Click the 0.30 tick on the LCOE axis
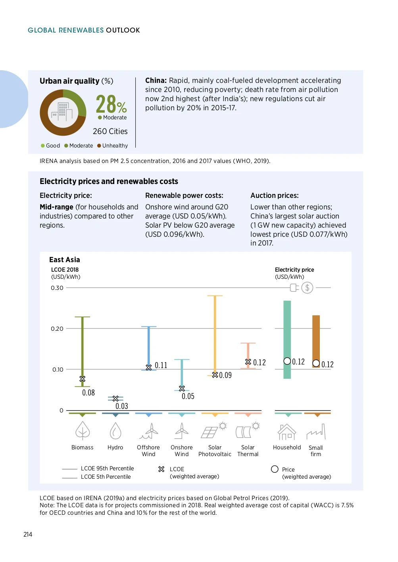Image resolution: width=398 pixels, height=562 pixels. (57, 288)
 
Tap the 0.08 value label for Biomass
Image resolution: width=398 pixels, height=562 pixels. (88, 393)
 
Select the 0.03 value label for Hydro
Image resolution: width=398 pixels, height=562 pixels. (122, 406)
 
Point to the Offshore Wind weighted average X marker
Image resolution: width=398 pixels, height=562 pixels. (149, 368)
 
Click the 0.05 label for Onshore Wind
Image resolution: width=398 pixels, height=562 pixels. (188, 396)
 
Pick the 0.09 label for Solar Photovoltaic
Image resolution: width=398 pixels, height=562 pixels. (225, 375)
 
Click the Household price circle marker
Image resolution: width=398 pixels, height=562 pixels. (287, 361)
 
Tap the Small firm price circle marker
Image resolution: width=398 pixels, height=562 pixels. (316, 363)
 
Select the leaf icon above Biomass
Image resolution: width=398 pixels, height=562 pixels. (83, 431)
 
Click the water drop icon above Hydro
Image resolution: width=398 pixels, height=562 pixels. (115, 431)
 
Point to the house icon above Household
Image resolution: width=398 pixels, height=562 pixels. (287, 432)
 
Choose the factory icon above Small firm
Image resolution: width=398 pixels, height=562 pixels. (316, 432)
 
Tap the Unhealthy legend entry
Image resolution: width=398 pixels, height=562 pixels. (113, 146)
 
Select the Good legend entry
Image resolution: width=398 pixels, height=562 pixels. (50, 146)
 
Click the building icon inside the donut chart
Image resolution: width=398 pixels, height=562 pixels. (63, 112)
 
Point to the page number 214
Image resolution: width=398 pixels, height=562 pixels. (28, 534)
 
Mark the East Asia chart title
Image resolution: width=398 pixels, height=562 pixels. (65, 260)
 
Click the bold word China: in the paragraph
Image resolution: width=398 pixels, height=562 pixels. (156, 81)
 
